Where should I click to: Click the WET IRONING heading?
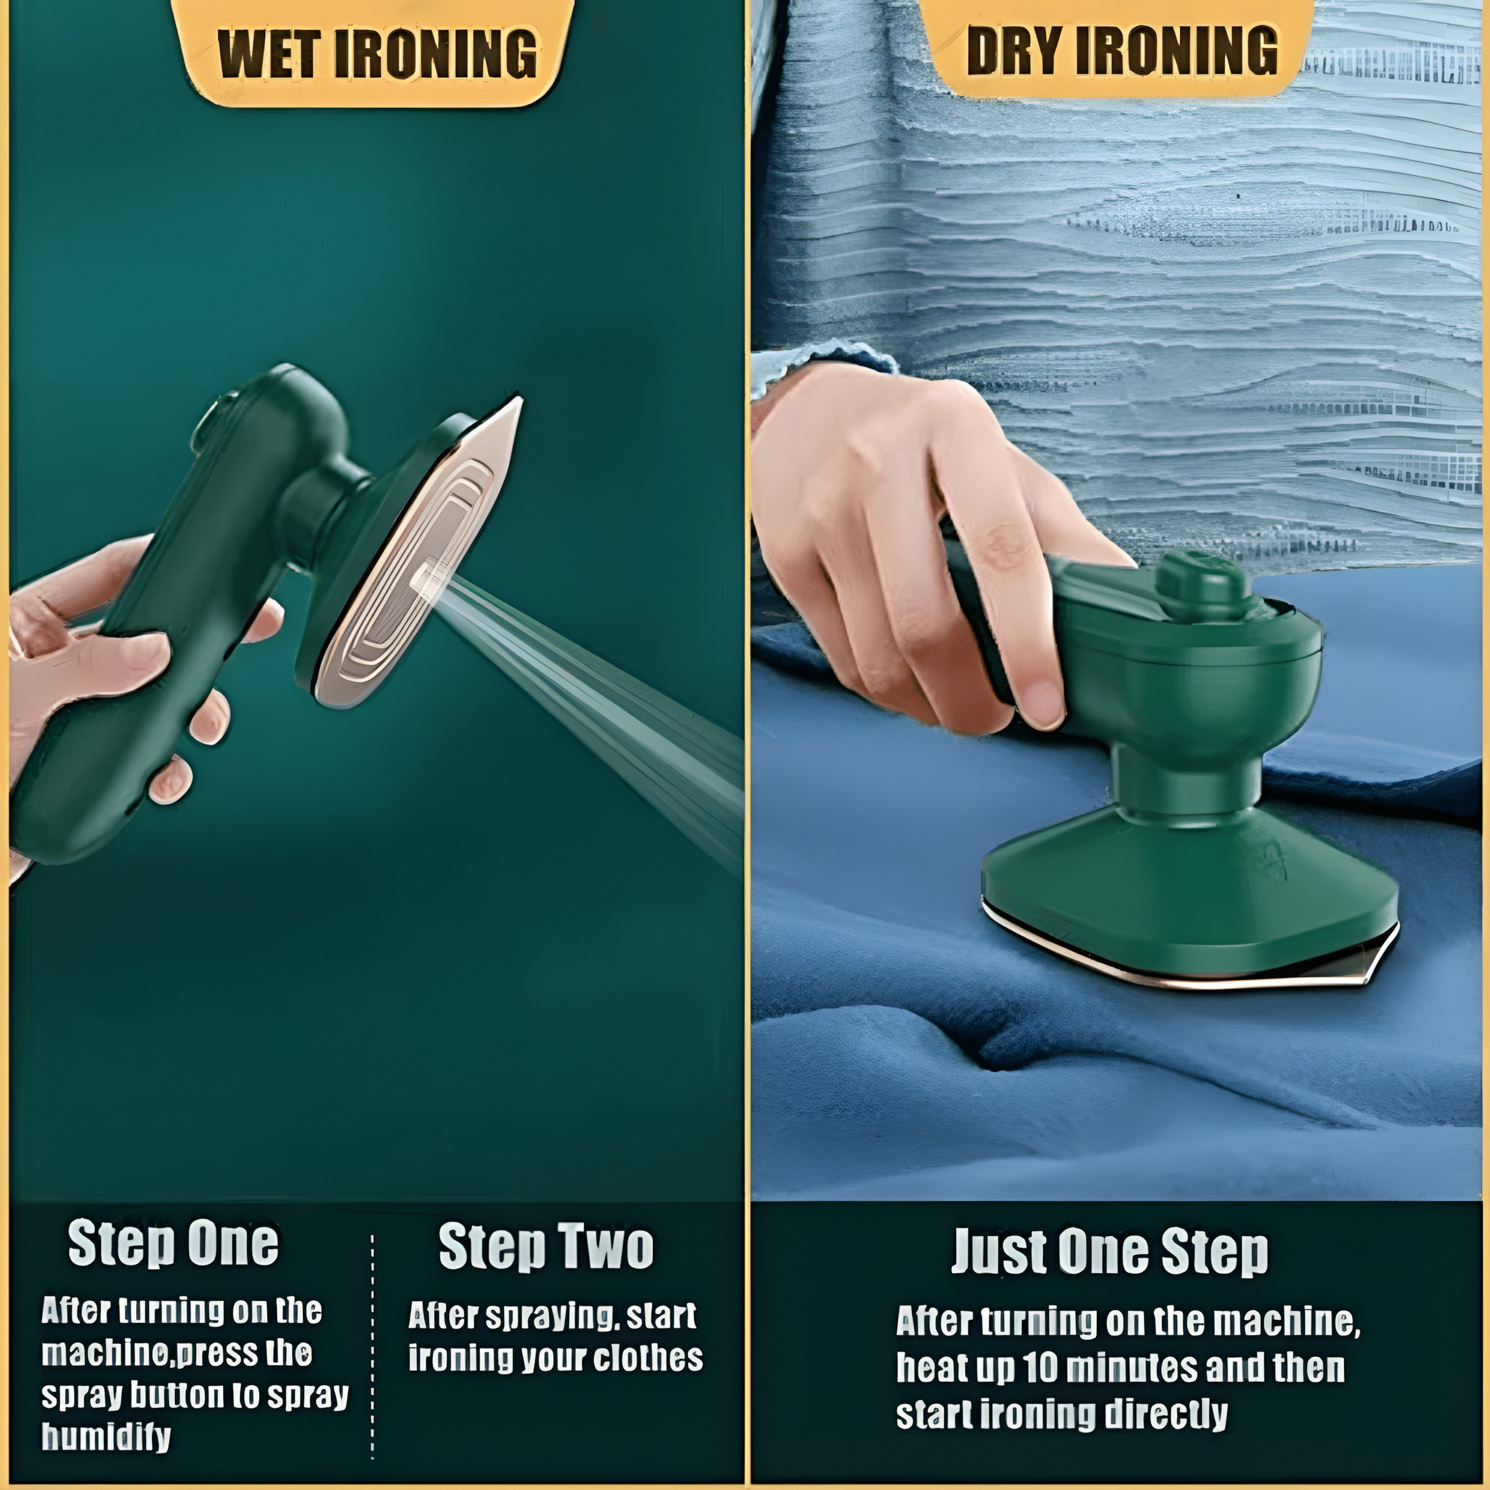[377, 54]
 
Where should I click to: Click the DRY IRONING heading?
[1122, 50]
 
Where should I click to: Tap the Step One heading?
[174, 1242]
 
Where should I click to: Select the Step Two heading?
[546, 1246]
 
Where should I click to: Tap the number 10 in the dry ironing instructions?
[1042, 1367]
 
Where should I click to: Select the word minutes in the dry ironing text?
[1133, 1367]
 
